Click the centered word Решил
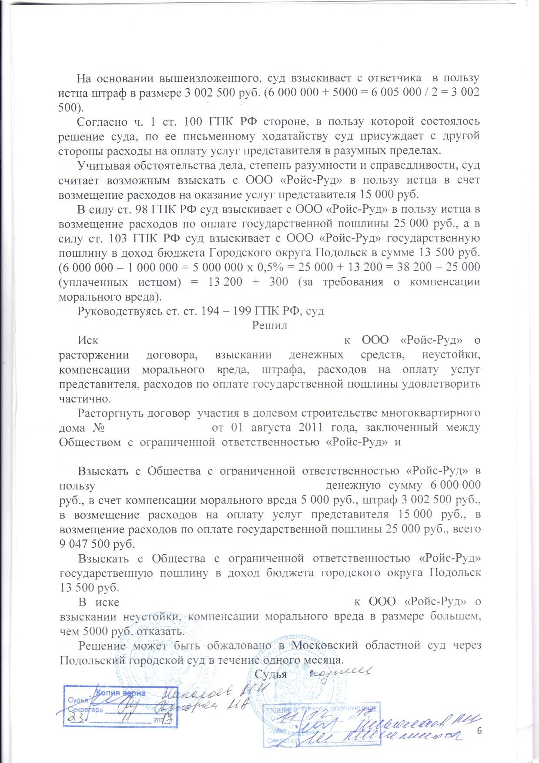269,325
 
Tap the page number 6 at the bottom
479,731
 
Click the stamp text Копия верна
121,693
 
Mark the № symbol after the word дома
99,428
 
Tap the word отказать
162,631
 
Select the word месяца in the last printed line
324,660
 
